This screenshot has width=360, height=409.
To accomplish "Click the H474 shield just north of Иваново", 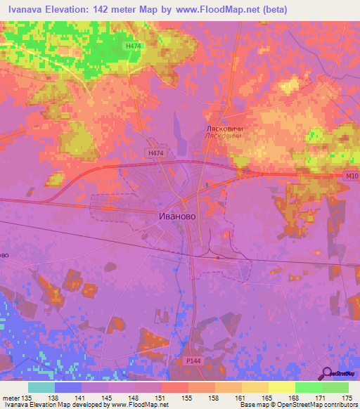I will [155, 152].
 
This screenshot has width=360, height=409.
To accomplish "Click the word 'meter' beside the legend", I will [10, 398].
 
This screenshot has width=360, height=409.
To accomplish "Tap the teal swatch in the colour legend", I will [41, 387].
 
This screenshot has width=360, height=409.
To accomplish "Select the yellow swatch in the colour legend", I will [282, 387].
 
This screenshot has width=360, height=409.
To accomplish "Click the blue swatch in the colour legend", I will [68, 387].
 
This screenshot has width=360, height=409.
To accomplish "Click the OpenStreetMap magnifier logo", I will [326, 373].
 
